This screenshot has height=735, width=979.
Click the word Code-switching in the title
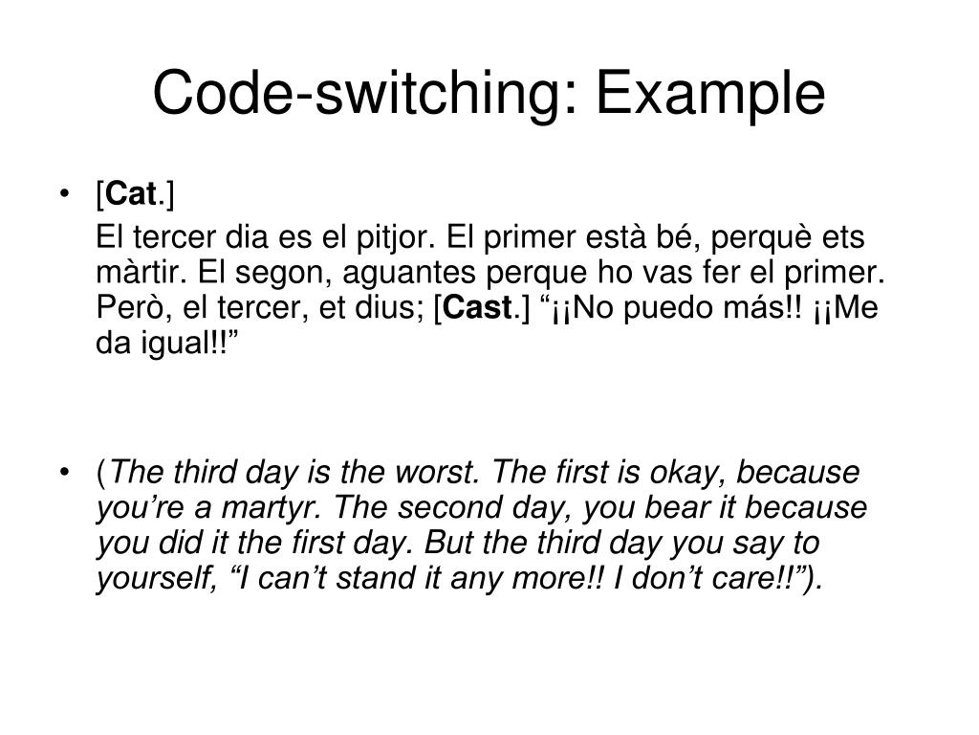click(363, 94)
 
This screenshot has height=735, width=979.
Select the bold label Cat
click(132, 196)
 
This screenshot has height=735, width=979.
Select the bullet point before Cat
click(63, 197)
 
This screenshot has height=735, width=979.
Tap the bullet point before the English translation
click(63, 473)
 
